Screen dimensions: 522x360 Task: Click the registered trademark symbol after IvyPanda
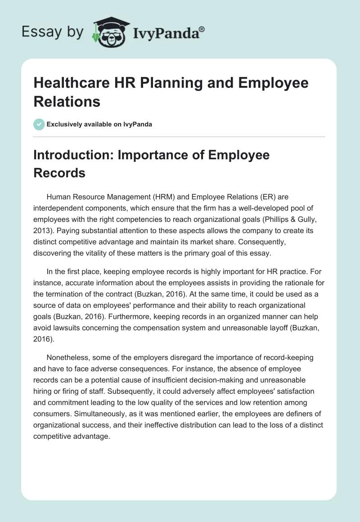click(202, 29)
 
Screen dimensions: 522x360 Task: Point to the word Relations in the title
click(67, 101)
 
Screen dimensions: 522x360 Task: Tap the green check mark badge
click(39, 124)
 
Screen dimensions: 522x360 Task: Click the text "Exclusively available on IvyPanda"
click(99, 124)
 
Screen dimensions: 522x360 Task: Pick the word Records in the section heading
click(59, 173)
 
